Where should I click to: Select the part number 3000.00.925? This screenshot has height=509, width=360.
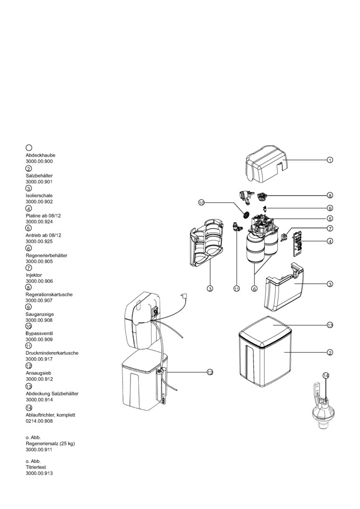coord(39,241)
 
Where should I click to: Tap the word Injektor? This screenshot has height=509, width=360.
coord(34,274)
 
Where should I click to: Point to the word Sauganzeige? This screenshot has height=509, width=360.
coord(39,313)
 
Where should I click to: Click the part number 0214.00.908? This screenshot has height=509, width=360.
coord(39,421)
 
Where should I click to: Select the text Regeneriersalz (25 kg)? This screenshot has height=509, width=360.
coord(50,443)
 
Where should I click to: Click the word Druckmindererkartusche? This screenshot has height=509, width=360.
coord(52,353)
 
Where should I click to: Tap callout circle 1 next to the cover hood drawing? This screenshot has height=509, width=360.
coord(330,160)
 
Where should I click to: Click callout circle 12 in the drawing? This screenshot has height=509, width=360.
coord(210,372)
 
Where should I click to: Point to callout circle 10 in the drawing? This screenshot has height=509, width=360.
coord(201,203)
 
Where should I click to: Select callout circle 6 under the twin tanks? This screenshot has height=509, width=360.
coord(254,288)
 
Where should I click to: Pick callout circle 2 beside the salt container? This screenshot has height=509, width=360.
coord(330,353)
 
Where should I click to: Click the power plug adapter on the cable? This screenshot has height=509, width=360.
coord(185,296)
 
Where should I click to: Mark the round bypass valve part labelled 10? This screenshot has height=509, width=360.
coord(245,213)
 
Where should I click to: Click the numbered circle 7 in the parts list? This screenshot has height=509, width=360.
coord(29,268)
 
